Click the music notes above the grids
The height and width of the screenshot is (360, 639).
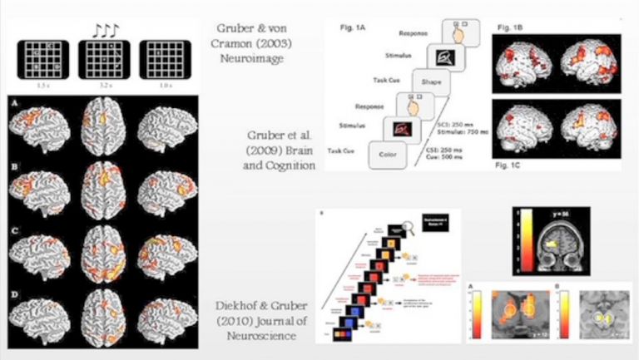[x=106, y=30]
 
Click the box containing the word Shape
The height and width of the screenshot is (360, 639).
[x=429, y=81]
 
